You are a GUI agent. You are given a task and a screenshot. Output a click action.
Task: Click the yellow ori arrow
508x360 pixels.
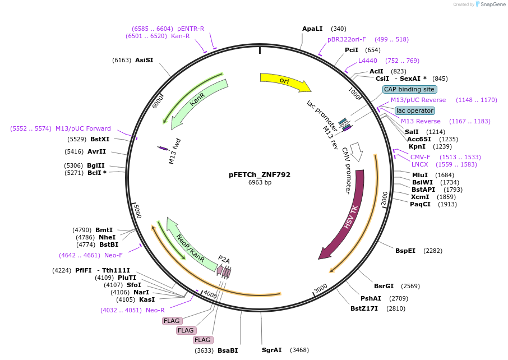click(x=285, y=81)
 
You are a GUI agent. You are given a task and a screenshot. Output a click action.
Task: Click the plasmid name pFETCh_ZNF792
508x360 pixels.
click(x=260, y=174)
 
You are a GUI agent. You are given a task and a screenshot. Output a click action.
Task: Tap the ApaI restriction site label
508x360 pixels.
click(x=312, y=29)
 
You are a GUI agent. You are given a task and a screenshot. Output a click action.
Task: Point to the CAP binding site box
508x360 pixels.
click(x=409, y=89)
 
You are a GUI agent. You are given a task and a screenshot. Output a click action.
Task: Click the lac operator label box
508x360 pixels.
click(x=414, y=110)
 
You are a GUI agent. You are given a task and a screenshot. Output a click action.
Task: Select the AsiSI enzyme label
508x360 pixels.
click(x=144, y=60)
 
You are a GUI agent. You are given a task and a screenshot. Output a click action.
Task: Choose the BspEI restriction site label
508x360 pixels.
click(x=405, y=251)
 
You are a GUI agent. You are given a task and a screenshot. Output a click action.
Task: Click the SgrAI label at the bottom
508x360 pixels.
click(x=272, y=350)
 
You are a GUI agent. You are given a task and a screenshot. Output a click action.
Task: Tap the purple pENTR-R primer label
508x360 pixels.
click(x=191, y=29)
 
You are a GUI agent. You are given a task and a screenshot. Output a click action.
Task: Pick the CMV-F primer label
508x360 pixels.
click(x=421, y=157)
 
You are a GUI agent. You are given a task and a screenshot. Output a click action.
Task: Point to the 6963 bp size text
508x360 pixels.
click(x=260, y=183)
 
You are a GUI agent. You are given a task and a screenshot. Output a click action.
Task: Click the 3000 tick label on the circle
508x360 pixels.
click(x=320, y=288)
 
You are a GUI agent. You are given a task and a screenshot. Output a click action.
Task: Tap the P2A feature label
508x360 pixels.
click(x=224, y=260)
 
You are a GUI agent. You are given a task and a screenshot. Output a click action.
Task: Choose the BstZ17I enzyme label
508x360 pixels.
click(x=364, y=308)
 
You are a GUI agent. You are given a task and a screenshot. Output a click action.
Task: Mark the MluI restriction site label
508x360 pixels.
click(x=420, y=175)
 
